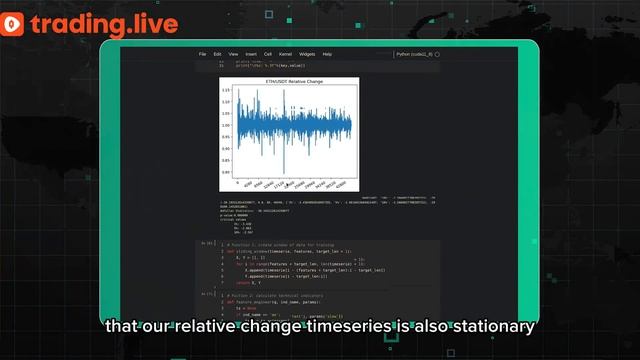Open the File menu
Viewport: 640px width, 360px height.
click(202, 54)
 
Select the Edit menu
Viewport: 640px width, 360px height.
click(217, 54)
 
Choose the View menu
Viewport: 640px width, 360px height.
click(232, 54)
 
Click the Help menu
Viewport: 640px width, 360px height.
click(327, 54)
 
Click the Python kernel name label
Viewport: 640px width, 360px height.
click(413, 54)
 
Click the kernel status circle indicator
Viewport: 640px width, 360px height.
click(437, 54)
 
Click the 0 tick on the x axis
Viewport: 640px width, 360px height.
click(237, 185)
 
